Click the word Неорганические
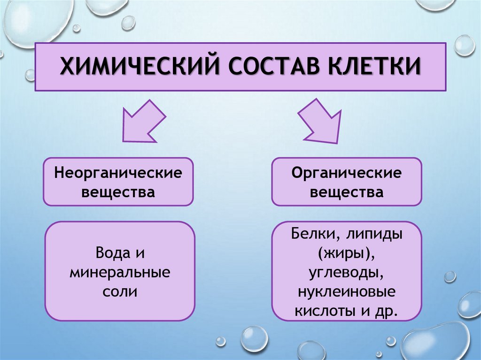click(x=118, y=173)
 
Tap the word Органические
click(x=347, y=173)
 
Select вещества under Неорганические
click(x=118, y=192)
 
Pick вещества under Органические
click(x=347, y=192)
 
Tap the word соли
click(x=119, y=291)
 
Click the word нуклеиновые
click(x=347, y=292)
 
